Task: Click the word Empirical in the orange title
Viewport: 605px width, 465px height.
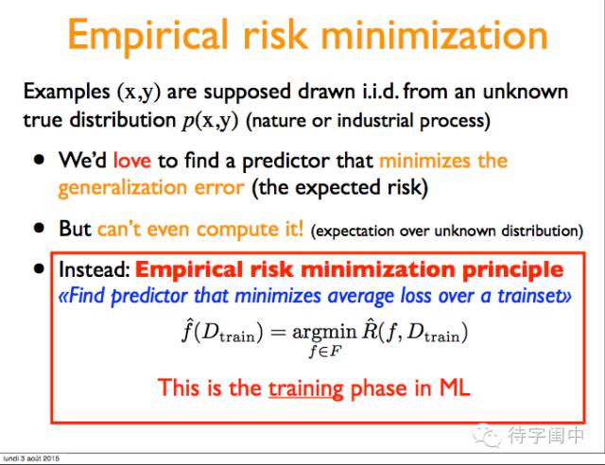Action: pyautogui.click(x=147, y=37)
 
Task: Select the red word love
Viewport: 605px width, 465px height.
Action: pyautogui.click(x=132, y=160)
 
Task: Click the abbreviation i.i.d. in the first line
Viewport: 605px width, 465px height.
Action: pyautogui.click(x=381, y=92)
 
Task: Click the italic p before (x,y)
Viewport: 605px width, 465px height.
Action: pyautogui.click(x=188, y=121)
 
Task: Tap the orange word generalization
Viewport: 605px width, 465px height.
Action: pyautogui.click(x=124, y=188)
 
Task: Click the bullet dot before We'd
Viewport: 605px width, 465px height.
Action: pyautogui.click(x=39, y=160)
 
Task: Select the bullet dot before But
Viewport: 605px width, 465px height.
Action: pyautogui.click(x=39, y=228)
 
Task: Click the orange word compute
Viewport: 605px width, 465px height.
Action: pyautogui.click(x=237, y=230)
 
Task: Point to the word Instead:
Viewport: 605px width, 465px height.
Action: pyautogui.click(x=95, y=269)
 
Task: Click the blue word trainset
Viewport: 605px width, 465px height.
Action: pyautogui.click(x=531, y=296)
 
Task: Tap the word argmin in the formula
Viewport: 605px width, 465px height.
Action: pyautogui.click(x=324, y=333)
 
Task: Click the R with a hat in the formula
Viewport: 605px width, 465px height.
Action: pyautogui.click(x=370, y=330)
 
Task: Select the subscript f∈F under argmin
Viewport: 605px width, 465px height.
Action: pyautogui.click(x=325, y=352)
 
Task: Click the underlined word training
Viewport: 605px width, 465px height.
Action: pyautogui.click(x=305, y=389)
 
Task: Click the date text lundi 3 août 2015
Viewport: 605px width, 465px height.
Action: pyautogui.click(x=31, y=458)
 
